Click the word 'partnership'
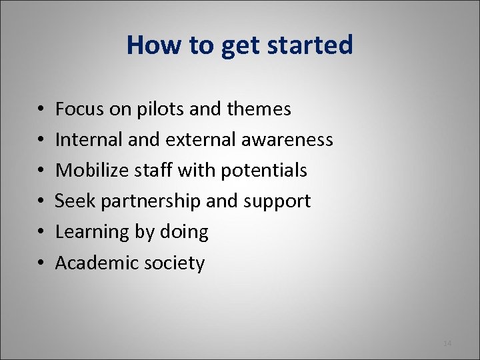(155, 201)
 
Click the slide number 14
(447, 343)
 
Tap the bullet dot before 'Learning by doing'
(41, 232)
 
